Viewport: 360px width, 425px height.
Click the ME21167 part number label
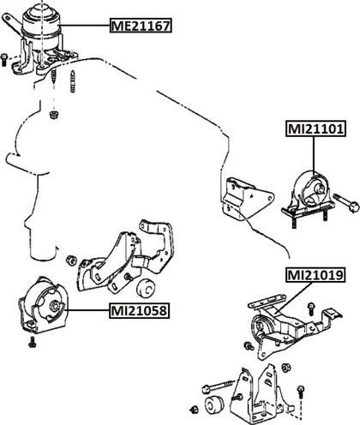pos(141,26)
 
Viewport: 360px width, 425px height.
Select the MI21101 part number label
pos(315,129)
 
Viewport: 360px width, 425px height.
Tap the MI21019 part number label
pos(315,275)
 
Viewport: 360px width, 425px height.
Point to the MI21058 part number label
pos(139,310)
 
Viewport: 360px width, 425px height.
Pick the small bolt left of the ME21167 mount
pos(4,59)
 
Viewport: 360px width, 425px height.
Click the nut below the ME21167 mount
pos(53,115)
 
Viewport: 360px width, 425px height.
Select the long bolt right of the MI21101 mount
pos(345,201)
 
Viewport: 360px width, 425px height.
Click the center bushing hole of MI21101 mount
pos(321,189)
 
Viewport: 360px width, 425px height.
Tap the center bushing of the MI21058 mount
pos(54,306)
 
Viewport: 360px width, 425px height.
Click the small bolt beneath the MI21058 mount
pos(33,342)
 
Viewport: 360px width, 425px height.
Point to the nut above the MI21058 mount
pos(70,260)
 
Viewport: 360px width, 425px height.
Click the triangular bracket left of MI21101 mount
pos(246,198)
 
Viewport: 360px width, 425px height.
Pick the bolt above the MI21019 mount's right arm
pos(311,309)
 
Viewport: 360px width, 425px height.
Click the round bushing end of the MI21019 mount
pos(259,326)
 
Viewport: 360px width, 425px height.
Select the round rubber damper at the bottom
pos(213,404)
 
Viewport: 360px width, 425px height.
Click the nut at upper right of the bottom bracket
pos(286,368)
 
